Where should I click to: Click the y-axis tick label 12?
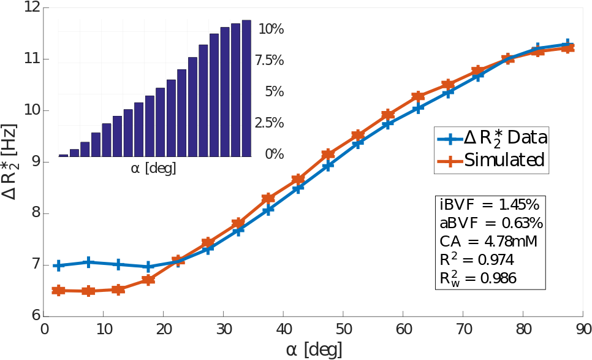point(31,8)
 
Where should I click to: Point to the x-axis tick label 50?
point(344,329)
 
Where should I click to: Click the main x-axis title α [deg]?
point(314,350)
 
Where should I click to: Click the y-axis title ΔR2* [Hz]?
point(10,162)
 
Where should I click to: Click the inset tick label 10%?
point(271,29)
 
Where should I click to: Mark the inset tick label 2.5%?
point(270,123)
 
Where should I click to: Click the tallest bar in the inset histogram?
point(246,88)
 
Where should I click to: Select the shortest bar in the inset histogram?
point(63,155)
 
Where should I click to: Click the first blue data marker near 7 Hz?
point(59,266)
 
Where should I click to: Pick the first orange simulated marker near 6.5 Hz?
point(59,290)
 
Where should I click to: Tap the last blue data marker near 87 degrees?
point(568,44)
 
